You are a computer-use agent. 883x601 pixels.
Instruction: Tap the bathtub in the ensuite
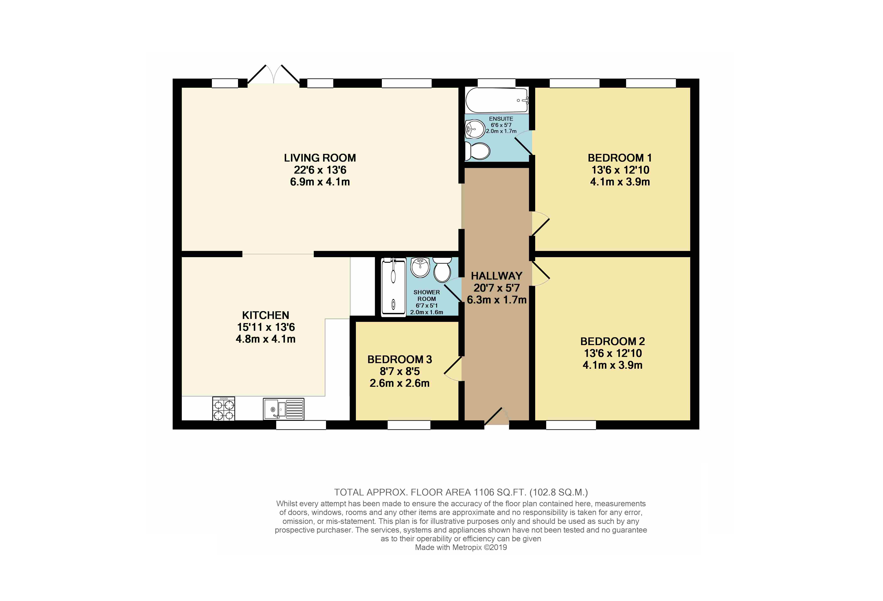click(x=497, y=100)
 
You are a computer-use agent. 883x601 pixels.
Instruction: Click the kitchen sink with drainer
click(x=283, y=409)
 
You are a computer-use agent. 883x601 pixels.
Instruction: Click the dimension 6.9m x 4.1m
click(x=320, y=182)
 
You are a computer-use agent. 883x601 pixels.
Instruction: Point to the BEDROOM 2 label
click(x=612, y=341)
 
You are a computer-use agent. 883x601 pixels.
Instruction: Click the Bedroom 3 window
click(x=409, y=425)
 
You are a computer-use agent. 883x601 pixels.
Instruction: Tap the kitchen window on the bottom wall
click(x=301, y=425)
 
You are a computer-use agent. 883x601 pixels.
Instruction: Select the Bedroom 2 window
click(x=571, y=425)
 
